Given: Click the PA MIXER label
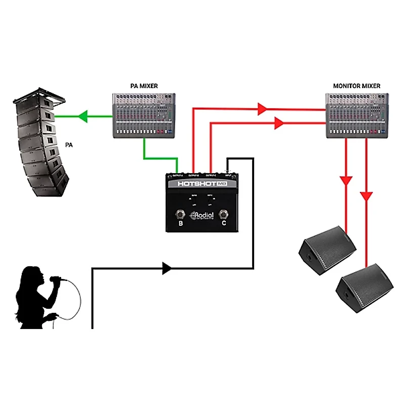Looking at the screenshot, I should [x=143, y=86].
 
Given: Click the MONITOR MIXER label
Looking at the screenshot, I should [x=356, y=86].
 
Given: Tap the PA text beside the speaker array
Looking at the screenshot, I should [x=69, y=145].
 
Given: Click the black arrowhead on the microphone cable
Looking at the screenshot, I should [x=167, y=268].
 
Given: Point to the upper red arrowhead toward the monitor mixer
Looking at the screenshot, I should [x=262, y=108].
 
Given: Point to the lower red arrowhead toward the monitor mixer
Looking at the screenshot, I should [x=277, y=123].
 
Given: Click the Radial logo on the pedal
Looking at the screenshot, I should [x=201, y=216].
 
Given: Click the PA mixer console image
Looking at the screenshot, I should [x=143, y=115].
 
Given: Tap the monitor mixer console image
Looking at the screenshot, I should [x=356, y=115].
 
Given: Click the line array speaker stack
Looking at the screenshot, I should [x=39, y=144].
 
